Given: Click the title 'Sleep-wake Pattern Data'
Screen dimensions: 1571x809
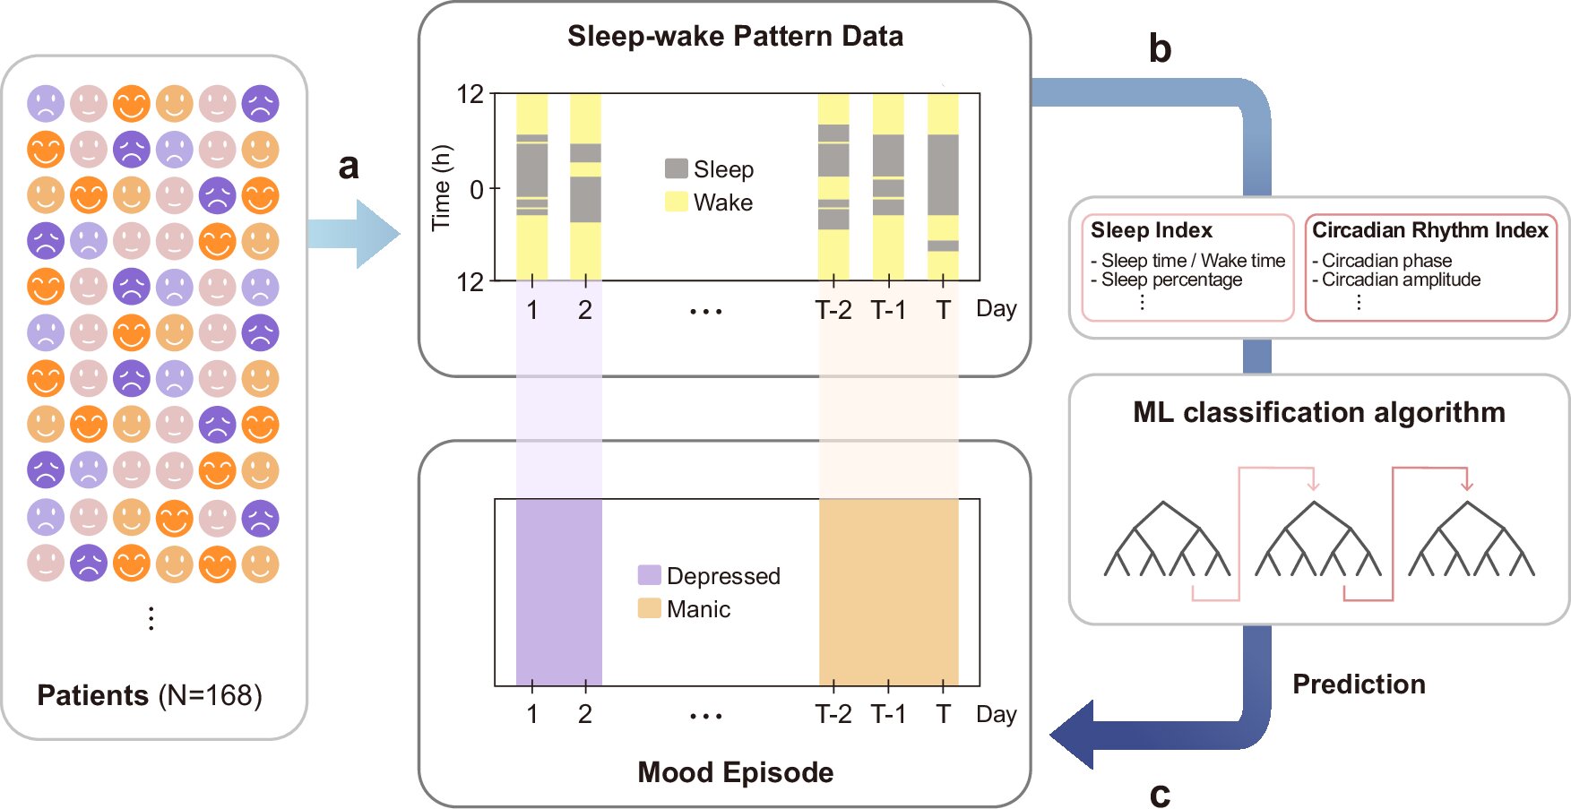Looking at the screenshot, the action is click(x=735, y=36).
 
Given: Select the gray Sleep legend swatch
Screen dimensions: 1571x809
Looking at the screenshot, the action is click(x=677, y=168).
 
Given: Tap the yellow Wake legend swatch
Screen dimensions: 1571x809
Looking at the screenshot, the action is click(x=677, y=202).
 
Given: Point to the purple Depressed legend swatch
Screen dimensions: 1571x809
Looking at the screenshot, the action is click(x=650, y=575).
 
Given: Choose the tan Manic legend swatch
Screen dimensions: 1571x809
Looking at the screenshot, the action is click(x=650, y=608).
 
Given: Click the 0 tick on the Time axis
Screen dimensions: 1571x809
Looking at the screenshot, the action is click(x=477, y=189).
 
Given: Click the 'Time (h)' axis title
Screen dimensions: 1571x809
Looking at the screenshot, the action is click(x=442, y=188).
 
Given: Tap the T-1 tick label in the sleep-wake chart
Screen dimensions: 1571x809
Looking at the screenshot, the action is click(x=888, y=310).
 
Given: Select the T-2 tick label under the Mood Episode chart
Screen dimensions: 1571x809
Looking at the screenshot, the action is click(x=833, y=714).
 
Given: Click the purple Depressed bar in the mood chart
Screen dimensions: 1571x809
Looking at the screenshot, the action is click(x=558, y=592).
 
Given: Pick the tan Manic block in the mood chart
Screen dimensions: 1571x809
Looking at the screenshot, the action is click(x=889, y=592).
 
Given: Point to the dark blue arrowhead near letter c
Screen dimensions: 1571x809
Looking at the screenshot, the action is click(x=1074, y=735).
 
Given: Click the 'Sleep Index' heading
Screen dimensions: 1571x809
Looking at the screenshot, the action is click(x=1152, y=230).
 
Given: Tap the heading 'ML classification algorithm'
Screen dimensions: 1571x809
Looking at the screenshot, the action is click(x=1319, y=412).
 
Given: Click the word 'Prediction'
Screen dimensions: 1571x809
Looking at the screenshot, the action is click(x=1359, y=684).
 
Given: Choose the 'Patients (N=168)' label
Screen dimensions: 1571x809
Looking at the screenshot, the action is click(x=150, y=695).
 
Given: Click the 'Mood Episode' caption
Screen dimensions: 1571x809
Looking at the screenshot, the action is click(x=735, y=772).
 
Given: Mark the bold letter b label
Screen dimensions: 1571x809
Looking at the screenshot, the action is click(x=1160, y=48).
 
